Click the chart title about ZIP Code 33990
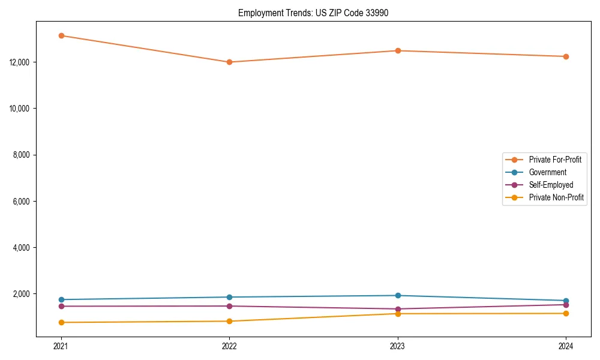(313, 13)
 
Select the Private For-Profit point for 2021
(61, 35)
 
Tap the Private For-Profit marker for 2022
(229, 62)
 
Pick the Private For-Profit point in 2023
(398, 50)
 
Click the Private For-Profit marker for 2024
(566, 56)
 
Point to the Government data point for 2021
(61, 299)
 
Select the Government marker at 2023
(398, 295)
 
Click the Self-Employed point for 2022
(229, 306)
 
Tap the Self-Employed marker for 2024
(566, 305)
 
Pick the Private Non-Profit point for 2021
(61, 322)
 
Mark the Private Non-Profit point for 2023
(398, 314)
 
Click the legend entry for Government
(547, 172)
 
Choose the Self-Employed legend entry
(551, 185)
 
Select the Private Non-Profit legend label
(556, 197)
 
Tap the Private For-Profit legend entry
(555, 160)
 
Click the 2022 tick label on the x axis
(229, 346)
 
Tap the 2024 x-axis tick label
(566, 346)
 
